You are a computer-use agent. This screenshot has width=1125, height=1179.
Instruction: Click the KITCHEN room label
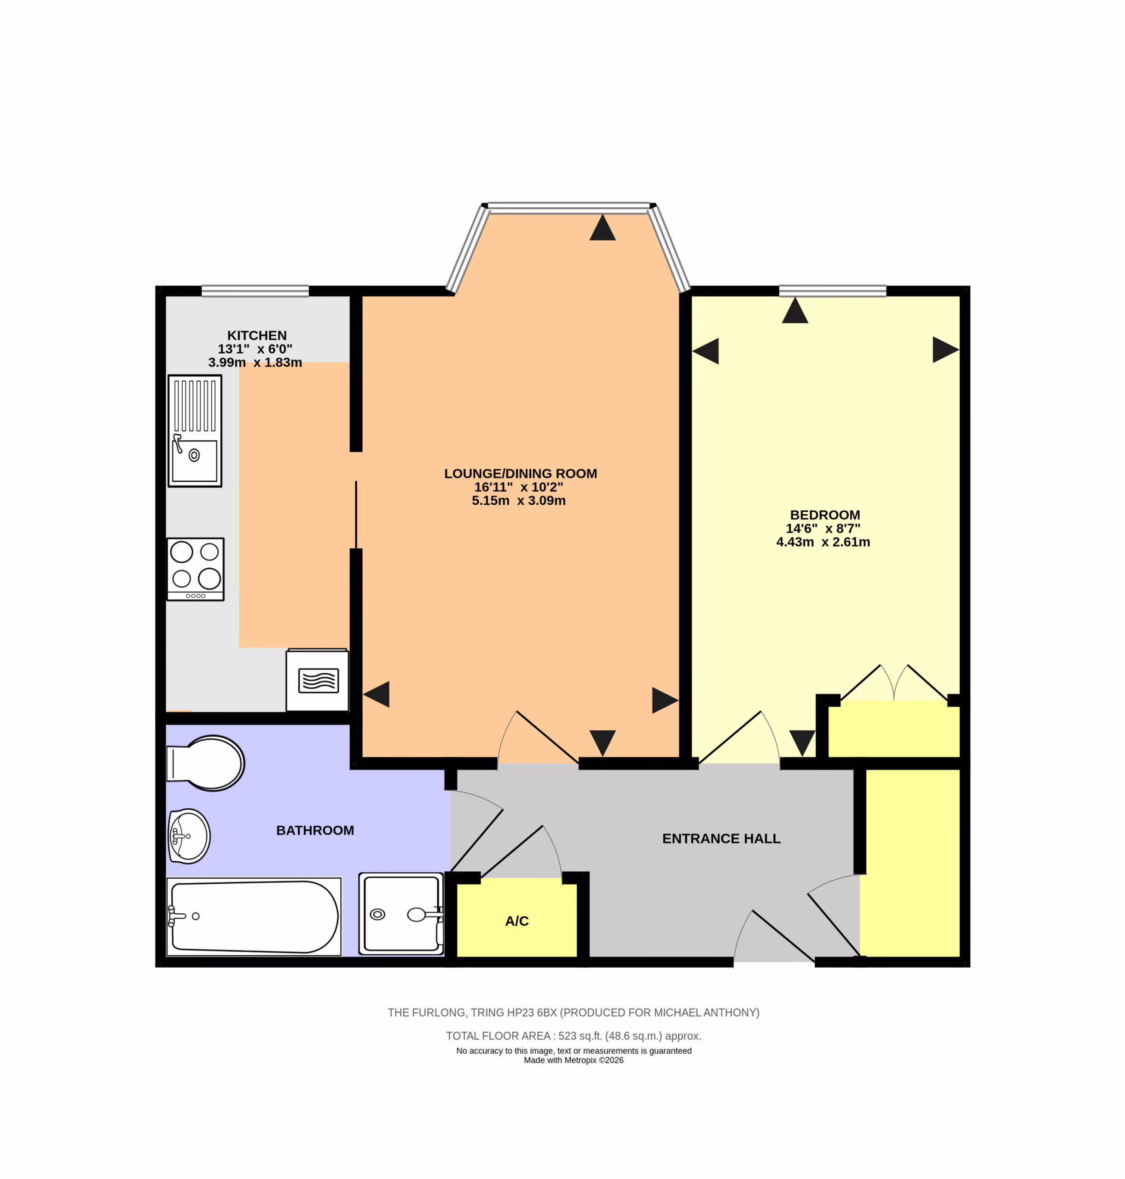point(257,335)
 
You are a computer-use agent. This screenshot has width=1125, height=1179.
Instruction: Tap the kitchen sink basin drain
point(194,455)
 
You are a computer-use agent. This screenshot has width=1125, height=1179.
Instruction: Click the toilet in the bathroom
point(205,763)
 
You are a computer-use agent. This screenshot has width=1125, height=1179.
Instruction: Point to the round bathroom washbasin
point(189,836)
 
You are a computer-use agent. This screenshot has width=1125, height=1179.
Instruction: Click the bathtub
point(254,916)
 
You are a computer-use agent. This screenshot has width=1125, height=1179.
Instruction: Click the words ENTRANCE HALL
point(721,839)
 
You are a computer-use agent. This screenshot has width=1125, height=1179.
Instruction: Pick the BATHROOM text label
point(315,830)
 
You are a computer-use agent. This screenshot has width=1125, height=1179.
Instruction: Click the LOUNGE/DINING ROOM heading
point(521,473)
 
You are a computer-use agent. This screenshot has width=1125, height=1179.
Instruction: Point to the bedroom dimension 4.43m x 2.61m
point(823,542)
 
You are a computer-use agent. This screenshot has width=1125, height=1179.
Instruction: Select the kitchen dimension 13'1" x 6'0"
point(255,349)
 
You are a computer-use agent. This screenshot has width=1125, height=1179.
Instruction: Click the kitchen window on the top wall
point(255,291)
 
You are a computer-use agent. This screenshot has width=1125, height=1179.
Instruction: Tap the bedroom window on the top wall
point(832,291)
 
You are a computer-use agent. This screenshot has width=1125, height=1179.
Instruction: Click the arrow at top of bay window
point(603,228)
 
